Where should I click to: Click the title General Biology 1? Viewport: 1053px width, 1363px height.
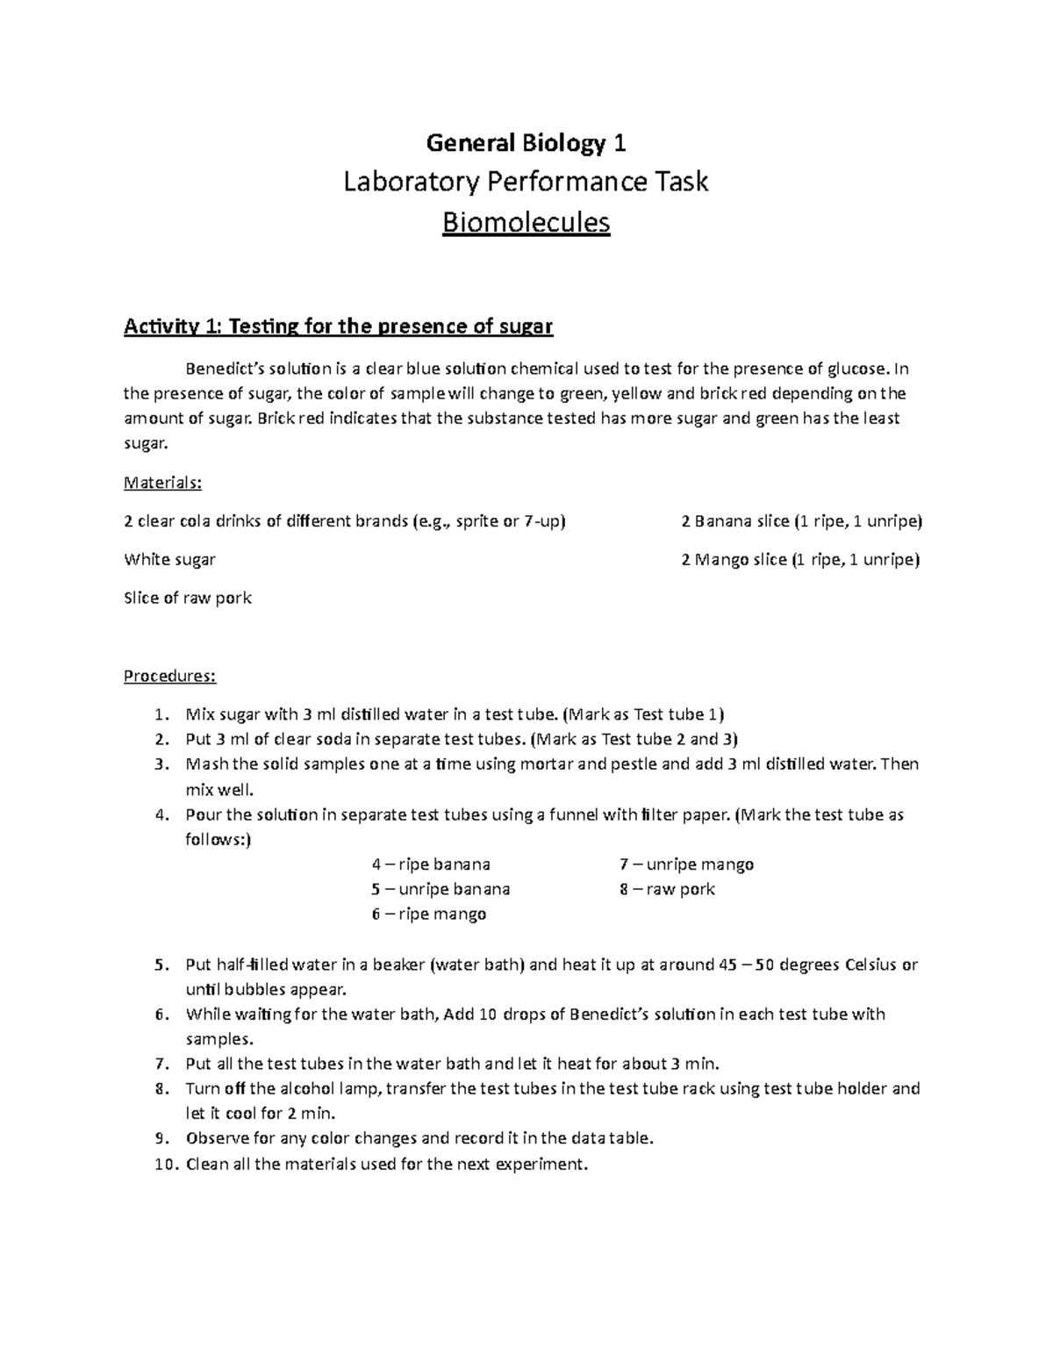click(526, 142)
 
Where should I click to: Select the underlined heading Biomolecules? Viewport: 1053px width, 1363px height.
click(526, 223)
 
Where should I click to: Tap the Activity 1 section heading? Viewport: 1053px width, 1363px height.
click(338, 327)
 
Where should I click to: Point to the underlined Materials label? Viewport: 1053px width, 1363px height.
click(163, 483)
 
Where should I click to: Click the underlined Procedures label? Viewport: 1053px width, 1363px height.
click(169, 676)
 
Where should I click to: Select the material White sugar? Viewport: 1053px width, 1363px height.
click(170, 559)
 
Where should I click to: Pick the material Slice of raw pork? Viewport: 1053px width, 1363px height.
click(188, 598)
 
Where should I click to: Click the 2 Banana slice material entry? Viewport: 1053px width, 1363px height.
click(801, 521)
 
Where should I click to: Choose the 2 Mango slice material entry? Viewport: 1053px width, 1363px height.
click(800, 559)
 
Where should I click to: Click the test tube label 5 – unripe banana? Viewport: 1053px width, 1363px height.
click(441, 889)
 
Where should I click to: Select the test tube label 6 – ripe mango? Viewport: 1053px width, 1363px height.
click(428, 915)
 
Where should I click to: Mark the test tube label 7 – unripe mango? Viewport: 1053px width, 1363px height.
click(686, 864)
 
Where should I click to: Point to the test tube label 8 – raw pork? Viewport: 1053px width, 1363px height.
click(667, 889)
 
